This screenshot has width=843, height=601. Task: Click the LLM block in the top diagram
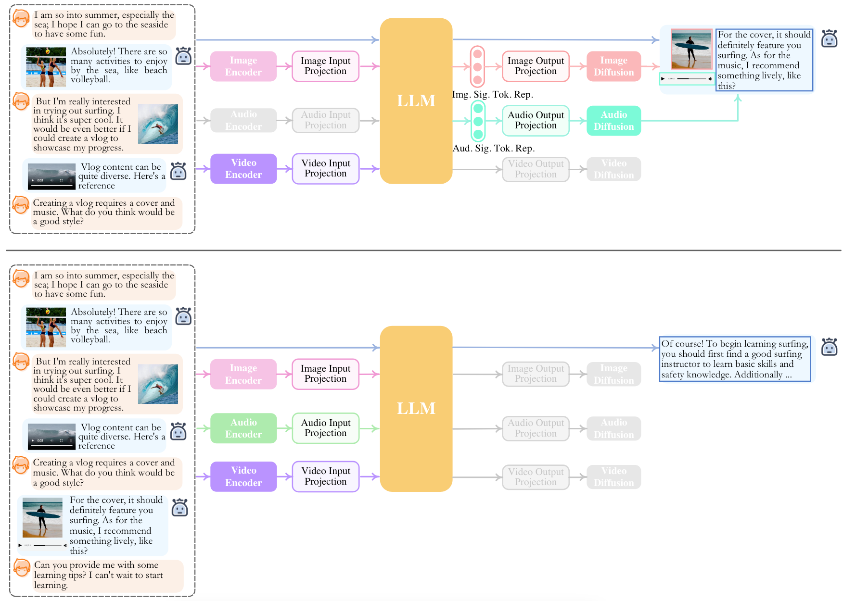click(416, 101)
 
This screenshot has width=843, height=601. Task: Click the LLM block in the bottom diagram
click(416, 409)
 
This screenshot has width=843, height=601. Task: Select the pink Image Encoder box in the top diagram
click(243, 66)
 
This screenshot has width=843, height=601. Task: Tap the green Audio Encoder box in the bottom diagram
click(243, 428)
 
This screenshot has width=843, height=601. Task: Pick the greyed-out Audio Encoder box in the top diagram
click(243, 120)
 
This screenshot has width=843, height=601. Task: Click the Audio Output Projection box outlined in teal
click(536, 120)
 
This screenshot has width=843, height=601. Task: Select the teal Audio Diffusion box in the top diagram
click(613, 120)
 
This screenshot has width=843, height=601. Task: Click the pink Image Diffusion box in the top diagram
click(613, 66)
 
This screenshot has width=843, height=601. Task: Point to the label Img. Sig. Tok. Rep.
click(492, 94)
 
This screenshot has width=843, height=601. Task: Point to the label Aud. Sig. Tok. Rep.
click(493, 148)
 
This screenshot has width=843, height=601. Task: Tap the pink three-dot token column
click(477, 67)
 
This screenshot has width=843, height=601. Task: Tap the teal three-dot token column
click(478, 121)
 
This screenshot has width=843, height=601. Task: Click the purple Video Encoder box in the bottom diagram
click(243, 476)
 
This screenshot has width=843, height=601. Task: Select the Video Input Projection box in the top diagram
click(326, 168)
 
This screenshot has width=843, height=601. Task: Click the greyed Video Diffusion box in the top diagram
click(613, 169)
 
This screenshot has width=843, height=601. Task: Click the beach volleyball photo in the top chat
click(46, 67)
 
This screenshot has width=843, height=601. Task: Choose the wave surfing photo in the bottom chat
click(158, 384)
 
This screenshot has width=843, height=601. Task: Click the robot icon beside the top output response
click(829, 38)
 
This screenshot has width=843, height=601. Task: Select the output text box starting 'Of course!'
click(735, 359)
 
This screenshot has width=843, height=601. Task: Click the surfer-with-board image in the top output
click(691, 49)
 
